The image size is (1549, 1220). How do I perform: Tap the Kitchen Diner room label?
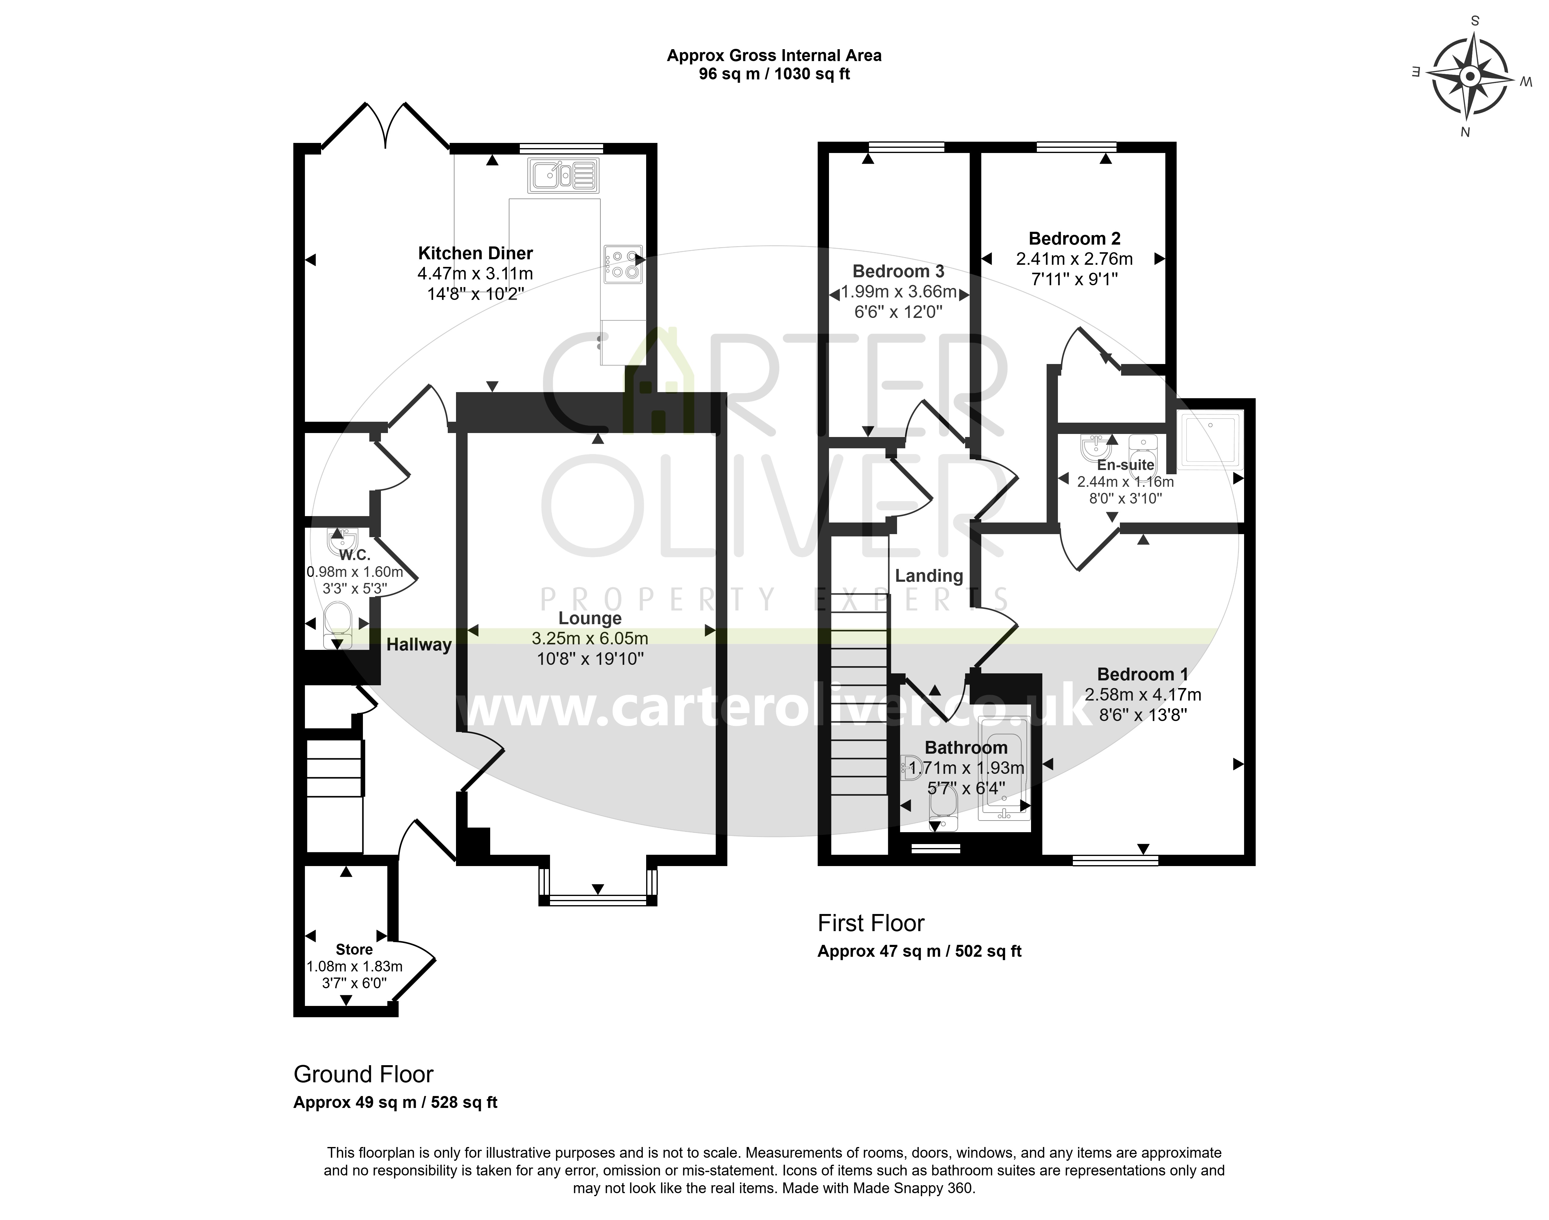[x=476, y=253]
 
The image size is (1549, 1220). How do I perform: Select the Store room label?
[x=354, y=949]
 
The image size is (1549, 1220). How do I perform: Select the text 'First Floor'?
[x=871, y=923]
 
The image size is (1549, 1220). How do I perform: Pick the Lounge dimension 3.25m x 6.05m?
[x=590, y=638]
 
